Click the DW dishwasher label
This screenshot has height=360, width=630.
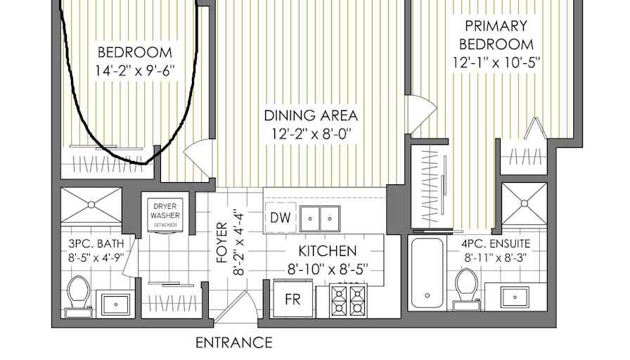[x=281, y=218]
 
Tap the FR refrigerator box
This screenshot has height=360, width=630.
[x=293, y=299]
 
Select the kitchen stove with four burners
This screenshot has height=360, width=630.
[x=348, y=300]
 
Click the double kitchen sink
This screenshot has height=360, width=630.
[x=320, y=219]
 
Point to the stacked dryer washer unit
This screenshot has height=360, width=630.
[x=165, y=215]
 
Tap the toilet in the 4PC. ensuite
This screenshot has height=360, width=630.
[x=466, y=289]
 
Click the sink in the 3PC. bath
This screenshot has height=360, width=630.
[x=115, y=304]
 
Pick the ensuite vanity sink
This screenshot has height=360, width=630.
[x=515, y=297]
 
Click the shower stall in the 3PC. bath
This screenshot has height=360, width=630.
[x=91, y=205]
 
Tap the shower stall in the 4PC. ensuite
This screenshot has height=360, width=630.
[x=525, y=204]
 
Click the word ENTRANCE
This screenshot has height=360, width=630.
[x=234, y=342]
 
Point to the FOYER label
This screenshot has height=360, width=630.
[x=222, y=243]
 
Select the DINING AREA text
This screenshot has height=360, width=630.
[x=311, y=116]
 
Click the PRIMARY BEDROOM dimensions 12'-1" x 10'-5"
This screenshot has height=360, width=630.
[x=496, y=63]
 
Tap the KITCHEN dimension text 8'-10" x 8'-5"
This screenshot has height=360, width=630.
[x=328, y=269]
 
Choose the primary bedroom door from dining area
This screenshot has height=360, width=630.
[x=422, y=114]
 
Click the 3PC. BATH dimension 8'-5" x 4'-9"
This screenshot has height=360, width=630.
[x=96, y=257]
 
